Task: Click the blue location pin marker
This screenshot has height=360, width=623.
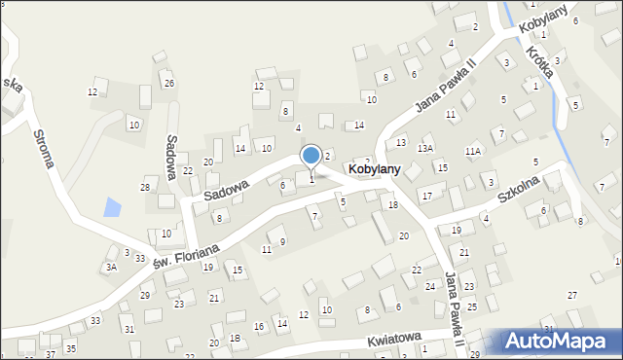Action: pyautogui.click(x=311, y=156)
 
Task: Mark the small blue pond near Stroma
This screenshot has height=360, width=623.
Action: pyautogui.click(x=112, y=206)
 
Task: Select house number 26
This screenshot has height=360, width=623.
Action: pyautogui.click(x=168, y=83)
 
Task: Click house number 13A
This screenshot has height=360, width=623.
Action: pyautogui.click(x=425, y=148)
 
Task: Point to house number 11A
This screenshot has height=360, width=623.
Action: pyautogui.click(x=473, y=151)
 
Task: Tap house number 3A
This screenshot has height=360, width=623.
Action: pyautogui.click(x=112, y=267)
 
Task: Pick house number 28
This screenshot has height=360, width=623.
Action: pyautogui.click(x=146, y=187)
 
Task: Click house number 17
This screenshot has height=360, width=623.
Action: pyautogui.click(x=426, y=197)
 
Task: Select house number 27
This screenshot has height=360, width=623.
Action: pyautogui.click(x=572, y=295)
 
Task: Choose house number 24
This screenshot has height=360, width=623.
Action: pyautogui.click(x=430, y=286)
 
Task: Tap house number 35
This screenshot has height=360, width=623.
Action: pyautogui.click(x=71, y=348)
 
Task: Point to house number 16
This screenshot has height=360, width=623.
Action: pyautogui.click(x=259, y=327)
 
